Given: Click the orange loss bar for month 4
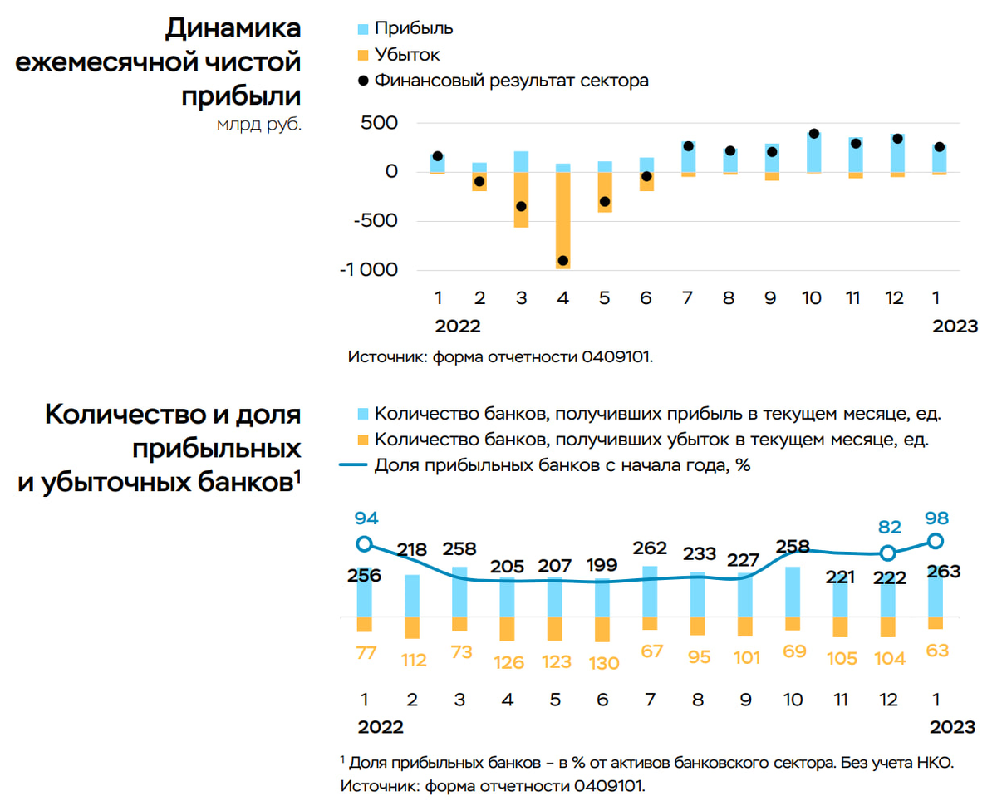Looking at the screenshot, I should [562, 220].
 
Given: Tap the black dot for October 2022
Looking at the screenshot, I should [813, 134].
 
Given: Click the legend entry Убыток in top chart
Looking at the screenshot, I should [406, 55].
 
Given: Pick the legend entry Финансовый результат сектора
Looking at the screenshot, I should [510, 81].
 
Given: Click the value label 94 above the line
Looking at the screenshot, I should [366, 518].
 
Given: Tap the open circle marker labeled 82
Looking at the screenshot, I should [888, 553].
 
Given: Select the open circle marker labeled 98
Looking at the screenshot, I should [936, 541].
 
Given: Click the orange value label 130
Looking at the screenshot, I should [604, 662].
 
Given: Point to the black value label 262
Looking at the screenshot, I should [650, 548].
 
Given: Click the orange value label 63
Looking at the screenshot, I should [937, 650].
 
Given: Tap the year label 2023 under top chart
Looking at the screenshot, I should [955, 327].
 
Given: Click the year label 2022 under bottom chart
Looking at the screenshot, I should [381, 727].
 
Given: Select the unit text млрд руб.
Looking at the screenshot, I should [259, 126].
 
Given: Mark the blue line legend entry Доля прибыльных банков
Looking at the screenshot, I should [562, 465].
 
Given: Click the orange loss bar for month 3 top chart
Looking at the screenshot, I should [521, 199].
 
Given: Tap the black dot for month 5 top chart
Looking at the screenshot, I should [605, 202].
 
